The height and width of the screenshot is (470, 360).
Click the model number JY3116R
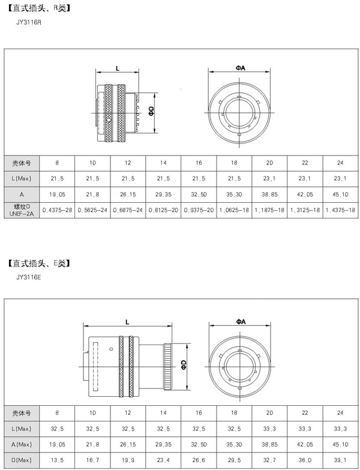coord(29,22)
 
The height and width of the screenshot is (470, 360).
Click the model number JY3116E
coord(29,277)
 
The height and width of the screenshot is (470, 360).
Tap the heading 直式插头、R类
coord(39,8)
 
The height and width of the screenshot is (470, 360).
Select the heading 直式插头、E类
coord(39,263)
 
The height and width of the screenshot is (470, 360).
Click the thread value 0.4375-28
coord(57,210)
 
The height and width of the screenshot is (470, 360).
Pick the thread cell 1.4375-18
coord(340,210)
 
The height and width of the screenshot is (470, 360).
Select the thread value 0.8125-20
coord(163,210)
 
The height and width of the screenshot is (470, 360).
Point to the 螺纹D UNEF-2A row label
coord(22,210)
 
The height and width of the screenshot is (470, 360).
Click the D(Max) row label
coord(22,460)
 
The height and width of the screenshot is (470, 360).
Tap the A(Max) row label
coord(22,444)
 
